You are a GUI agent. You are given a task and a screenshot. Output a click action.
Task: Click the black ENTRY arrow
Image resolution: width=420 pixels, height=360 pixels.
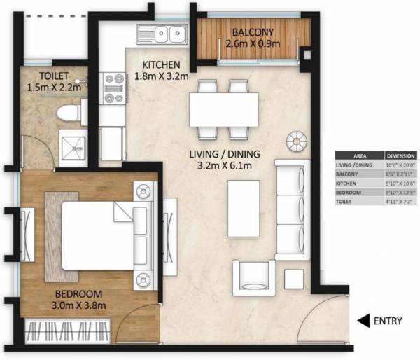click(363, 321)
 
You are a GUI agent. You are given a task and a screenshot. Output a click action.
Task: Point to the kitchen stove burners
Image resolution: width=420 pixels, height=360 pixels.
click(113, 90)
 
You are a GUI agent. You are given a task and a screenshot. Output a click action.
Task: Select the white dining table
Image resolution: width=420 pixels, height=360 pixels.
click(219, 109)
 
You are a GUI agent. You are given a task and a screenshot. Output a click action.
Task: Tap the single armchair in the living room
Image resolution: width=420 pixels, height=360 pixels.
click(253, 277)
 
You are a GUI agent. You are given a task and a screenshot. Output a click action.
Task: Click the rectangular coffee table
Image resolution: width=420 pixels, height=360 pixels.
click(243, 208)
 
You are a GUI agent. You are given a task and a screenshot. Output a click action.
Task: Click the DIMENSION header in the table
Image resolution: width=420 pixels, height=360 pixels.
click(402, 155)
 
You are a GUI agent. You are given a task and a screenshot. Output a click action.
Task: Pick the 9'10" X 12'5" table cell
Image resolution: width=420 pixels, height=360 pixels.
click(402, 192)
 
